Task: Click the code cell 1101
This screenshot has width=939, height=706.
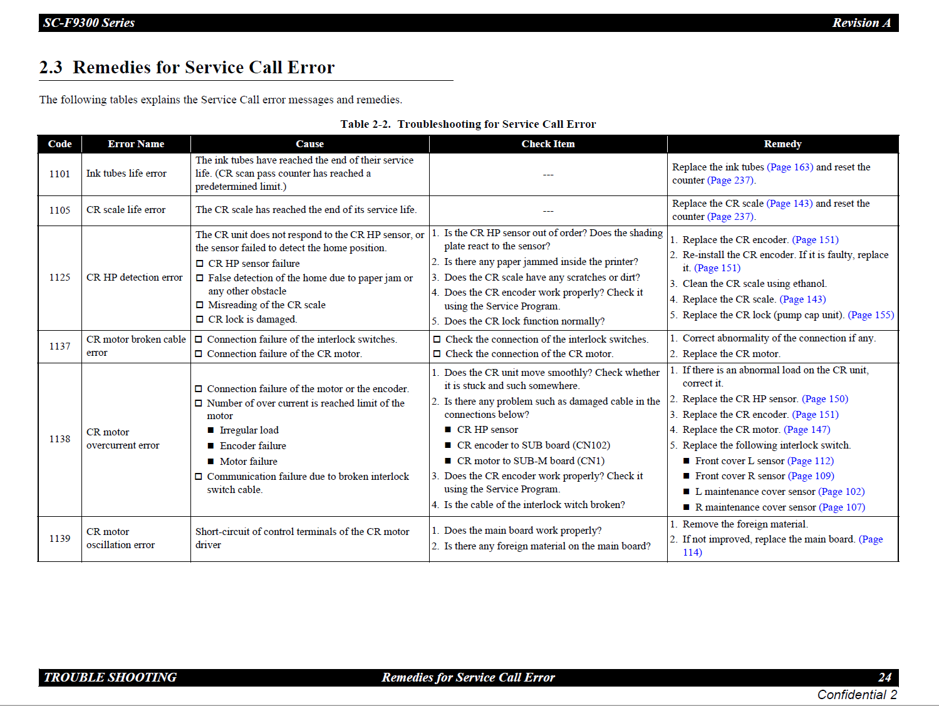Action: point(60,174)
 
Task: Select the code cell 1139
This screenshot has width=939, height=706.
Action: point(60,539)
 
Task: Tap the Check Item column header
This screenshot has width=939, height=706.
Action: point(547,144)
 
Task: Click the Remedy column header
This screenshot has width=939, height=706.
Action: point(782,144)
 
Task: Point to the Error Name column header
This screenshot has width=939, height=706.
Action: point(136,144)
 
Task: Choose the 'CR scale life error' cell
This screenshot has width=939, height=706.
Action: point(126,210)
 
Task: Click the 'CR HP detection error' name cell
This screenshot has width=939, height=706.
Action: point(135,278)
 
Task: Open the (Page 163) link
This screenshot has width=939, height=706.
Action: point(789,167)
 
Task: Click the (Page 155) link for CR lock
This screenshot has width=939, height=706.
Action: point(871,315)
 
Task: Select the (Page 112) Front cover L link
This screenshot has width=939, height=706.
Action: point(811,461)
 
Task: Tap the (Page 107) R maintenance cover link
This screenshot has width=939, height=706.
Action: point(842,507)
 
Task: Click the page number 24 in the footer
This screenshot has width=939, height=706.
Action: point(885,677)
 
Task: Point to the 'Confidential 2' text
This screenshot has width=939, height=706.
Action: point(857,695)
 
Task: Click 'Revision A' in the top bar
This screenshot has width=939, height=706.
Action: point(861,23)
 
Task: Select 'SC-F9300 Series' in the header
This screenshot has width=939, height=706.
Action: point(89,23)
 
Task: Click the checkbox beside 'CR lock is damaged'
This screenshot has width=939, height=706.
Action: point(200,319)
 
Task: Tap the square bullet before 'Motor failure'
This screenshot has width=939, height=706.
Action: point(212,462)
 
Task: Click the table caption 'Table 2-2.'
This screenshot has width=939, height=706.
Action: point(365,124)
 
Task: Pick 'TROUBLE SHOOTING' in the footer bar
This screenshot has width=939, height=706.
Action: point(110,677)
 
